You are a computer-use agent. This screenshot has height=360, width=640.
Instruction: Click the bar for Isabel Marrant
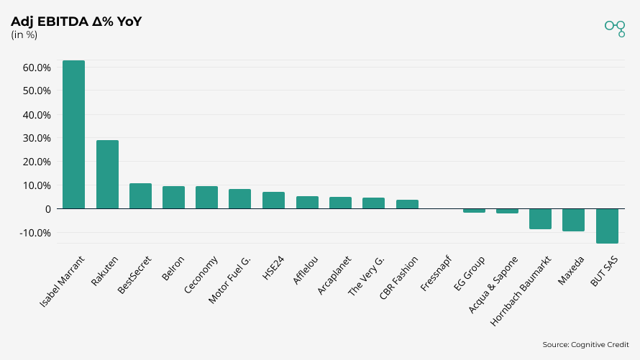(73, 134)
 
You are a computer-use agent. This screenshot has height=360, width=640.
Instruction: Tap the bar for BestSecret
(140, 196)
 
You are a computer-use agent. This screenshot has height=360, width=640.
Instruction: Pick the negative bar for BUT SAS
(607, 226)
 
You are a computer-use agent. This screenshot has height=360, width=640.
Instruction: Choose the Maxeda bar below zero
(573, 220)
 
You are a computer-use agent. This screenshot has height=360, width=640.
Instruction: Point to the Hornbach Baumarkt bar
(540, 218)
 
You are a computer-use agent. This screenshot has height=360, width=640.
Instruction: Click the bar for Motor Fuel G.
(239, 199)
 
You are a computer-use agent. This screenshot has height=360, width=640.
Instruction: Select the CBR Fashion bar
(407, 204)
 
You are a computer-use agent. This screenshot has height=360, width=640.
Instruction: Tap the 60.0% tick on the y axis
(37, 68)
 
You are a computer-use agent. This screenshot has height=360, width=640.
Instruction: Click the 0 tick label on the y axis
(47, 209)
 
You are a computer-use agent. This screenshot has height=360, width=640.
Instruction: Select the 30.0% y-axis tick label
(37, 138)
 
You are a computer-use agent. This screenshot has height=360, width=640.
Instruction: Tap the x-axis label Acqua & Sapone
(494, 283)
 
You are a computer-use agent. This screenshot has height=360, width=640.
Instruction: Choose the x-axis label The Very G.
(367, 275)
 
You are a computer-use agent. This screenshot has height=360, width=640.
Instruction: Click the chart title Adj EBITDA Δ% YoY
(76, 22)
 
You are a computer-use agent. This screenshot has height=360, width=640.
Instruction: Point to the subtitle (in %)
(24, 35)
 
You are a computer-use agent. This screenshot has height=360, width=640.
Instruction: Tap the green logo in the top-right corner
(615, 27)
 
